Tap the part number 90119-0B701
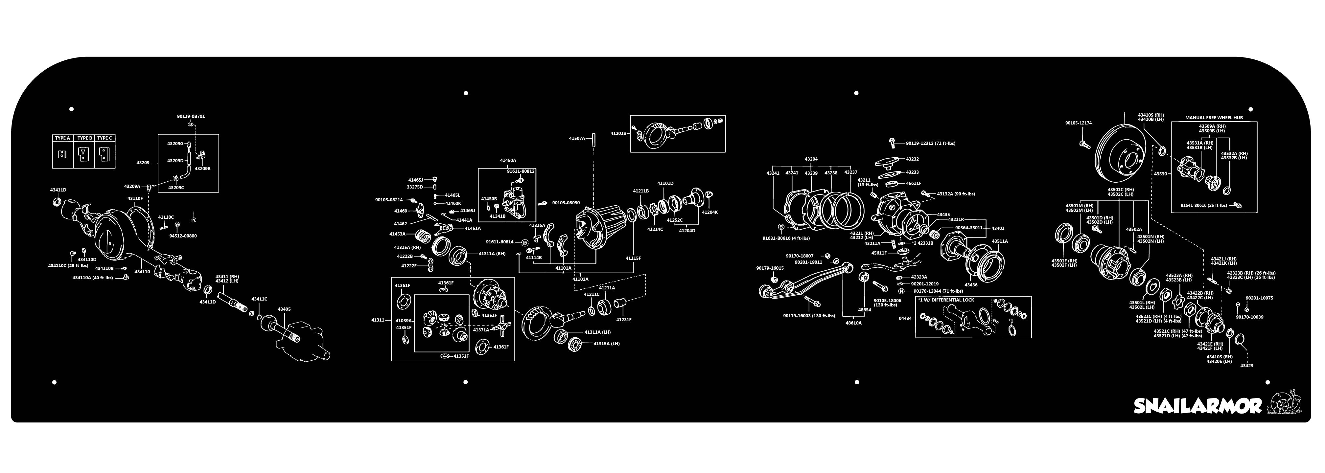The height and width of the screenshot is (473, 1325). pos(191,117)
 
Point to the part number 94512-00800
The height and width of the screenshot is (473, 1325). pos(183,236)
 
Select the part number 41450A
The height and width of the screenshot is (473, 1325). pos(508,160)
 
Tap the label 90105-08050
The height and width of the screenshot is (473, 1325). pos(566,203)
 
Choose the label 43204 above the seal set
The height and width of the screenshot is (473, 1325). pos(811,159)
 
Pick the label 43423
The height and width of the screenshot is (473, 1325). pos(1247,366)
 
